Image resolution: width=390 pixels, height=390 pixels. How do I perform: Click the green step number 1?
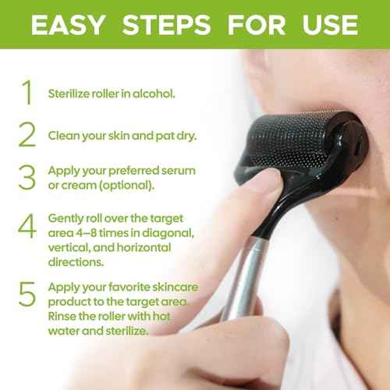coord(27,92)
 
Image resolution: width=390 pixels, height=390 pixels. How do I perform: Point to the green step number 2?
coord(27,134)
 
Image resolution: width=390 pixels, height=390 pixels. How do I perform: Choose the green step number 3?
coord(27,176)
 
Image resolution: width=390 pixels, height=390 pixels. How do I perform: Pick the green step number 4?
coord(27,226)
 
